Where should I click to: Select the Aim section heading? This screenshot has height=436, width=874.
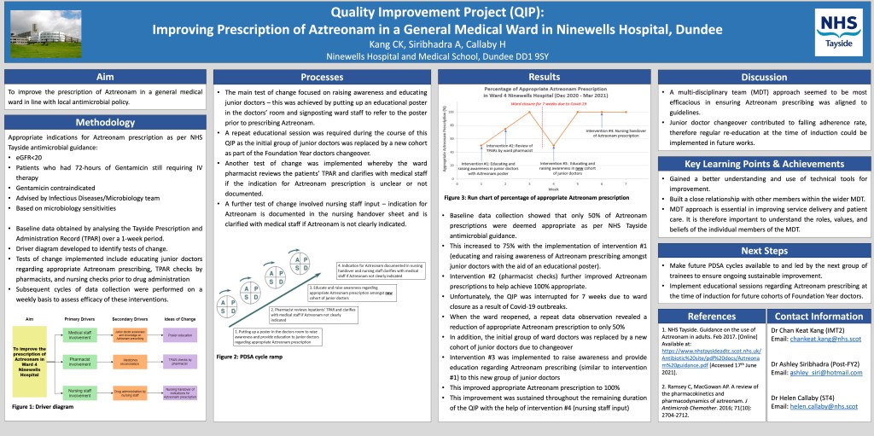104,77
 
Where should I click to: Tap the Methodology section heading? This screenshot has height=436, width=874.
104,123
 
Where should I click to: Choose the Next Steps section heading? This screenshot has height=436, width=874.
764,250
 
